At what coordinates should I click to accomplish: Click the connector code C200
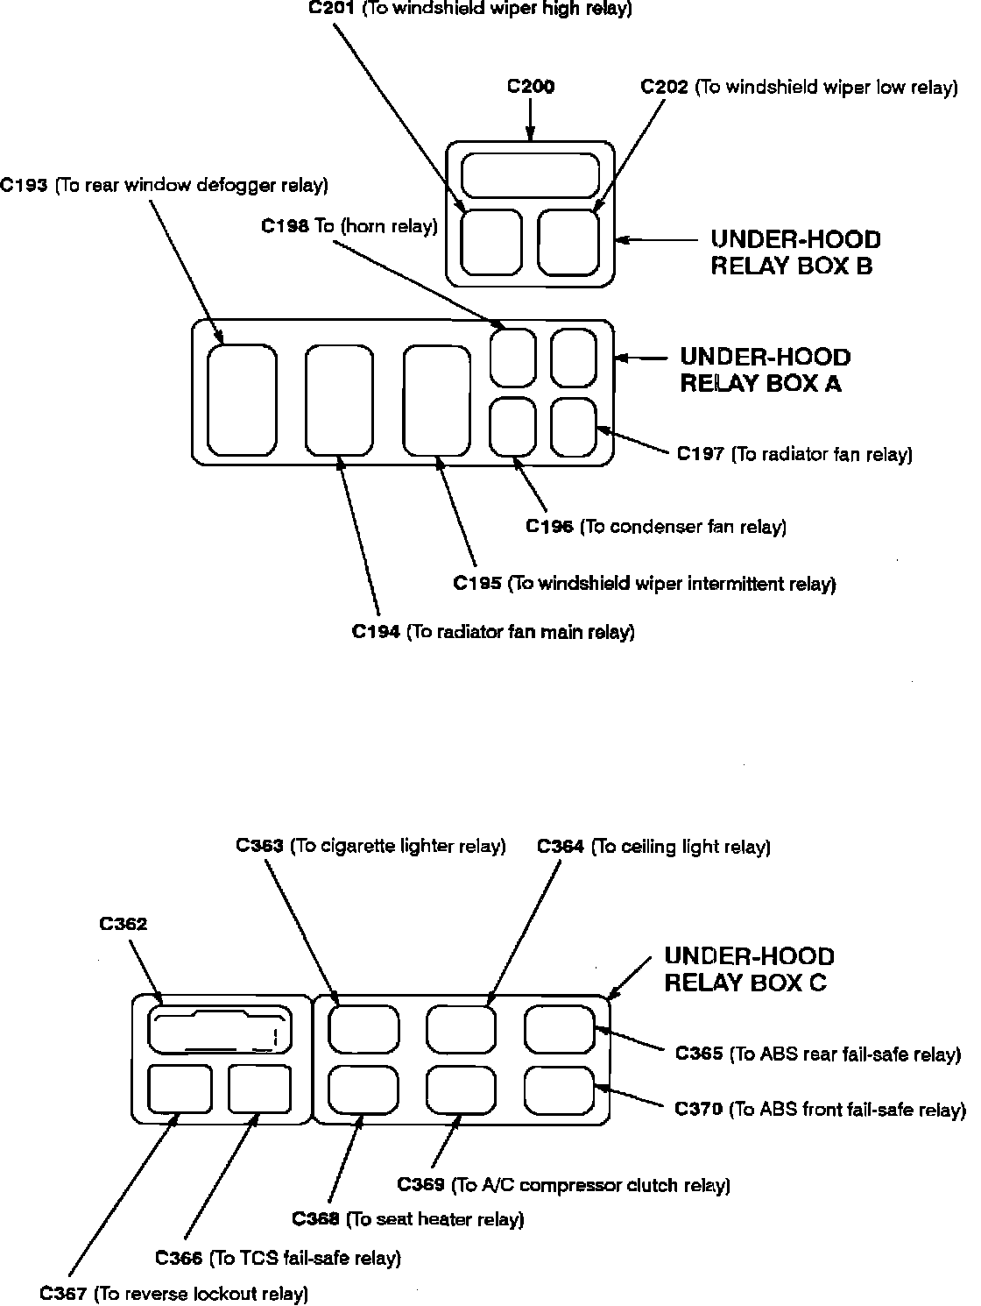coord(531,87)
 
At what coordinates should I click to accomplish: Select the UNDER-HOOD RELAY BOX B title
coord(794,252)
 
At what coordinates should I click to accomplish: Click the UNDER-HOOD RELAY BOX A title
coord(765,370)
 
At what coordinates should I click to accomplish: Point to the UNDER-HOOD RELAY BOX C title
coord(749,969)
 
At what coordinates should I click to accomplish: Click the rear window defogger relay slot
coord(243,400)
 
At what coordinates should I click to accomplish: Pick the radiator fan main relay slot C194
coord(340,400)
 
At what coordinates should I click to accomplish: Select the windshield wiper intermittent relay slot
coord(437,400)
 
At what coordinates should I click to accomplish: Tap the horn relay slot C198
coord(512,357)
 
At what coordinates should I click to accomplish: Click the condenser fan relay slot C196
coord(512,427)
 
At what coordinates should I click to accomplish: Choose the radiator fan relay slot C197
coord(574,427)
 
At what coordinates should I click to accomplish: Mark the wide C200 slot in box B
coord(531,174)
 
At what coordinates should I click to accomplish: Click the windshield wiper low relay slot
coord(568,242)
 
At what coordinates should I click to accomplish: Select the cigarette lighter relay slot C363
coord(363,1029)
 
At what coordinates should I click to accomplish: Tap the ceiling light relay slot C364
coord(462,1029)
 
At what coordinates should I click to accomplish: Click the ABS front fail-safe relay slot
coord(560,1090)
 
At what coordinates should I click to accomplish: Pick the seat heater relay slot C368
coord(363,1090)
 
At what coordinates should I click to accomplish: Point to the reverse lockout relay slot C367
coord(180,1088)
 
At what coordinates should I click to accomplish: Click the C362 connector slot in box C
coord(219,1029)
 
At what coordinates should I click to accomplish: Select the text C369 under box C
coord(424,1185)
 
